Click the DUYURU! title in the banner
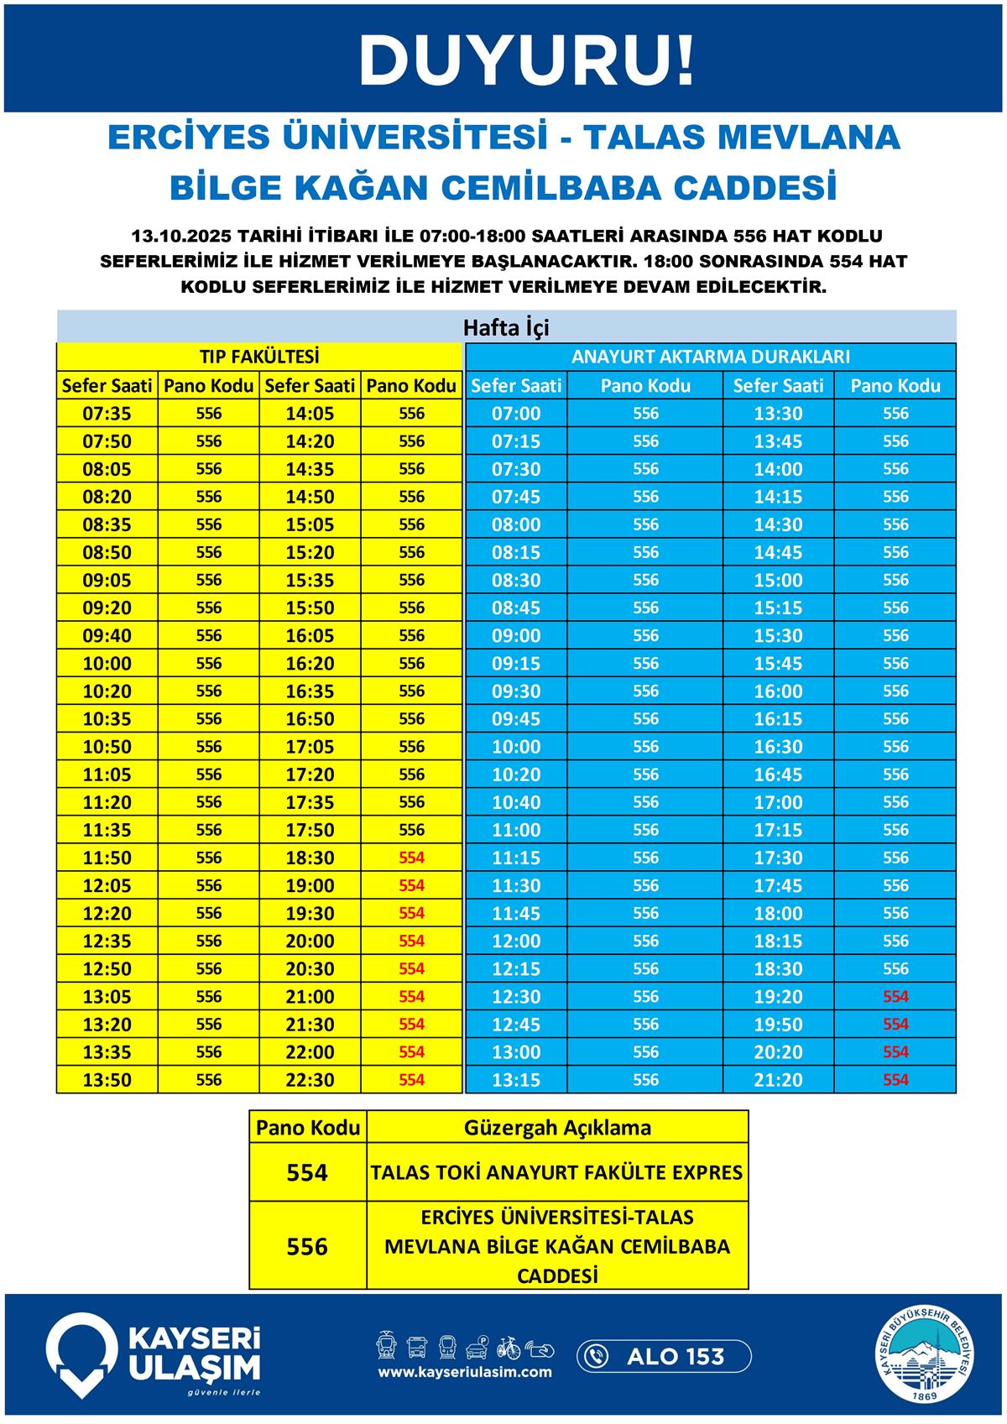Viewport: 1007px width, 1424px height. click(527, 60)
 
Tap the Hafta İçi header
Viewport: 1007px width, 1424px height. click(506, 327)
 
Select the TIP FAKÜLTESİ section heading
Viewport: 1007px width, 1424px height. click(259, 357)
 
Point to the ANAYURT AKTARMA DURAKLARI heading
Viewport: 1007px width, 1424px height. click(710, 357)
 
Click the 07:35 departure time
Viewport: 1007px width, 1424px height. click(107, 414)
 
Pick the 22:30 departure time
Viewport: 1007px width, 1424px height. click(310, 1080)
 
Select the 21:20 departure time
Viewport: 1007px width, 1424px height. click(778, 1080)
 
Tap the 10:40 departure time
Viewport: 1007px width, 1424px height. click(516, 802)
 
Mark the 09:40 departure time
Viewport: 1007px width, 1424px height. click(107, 636)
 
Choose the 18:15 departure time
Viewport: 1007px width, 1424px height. click(778, 941)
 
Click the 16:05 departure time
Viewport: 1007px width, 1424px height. click(310, 636)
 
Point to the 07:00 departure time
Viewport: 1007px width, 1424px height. click(516, 414)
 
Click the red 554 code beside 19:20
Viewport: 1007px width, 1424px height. click(895, 997)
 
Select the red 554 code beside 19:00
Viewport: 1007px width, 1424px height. click(411, 885)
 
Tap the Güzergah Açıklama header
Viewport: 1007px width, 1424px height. click(557, 1128)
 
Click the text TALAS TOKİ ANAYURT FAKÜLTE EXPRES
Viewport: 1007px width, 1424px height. click(557, 1172)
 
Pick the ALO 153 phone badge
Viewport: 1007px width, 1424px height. click(664, 1356)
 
